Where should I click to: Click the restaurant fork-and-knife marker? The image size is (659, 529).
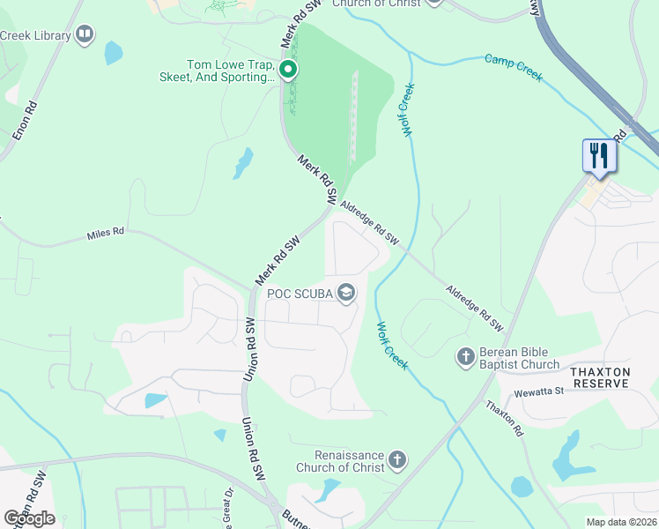coord(599,156)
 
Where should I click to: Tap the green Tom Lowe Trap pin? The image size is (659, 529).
coord(287,69)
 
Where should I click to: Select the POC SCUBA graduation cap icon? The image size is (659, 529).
coord(347,294)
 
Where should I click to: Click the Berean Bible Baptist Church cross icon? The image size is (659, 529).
coord(465,357)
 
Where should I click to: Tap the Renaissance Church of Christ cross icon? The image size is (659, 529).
coord(397,459)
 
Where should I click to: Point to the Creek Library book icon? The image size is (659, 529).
coord(85,34)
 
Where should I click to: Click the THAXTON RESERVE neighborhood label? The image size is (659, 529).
coord(599,378)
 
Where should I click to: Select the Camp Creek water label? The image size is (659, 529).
coord(514,67)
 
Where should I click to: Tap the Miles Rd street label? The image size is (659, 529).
coord(106,235)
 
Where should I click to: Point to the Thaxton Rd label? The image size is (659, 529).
coord(505,419)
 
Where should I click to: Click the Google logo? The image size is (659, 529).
coord(28,518)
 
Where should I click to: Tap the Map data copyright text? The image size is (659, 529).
coord(620,522)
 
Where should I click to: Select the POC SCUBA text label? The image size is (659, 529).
coord(300,294)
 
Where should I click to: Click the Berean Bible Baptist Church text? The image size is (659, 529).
coord(519,358)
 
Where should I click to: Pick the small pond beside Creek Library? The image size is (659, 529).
coord(114,53)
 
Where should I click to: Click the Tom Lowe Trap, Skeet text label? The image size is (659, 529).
coord(231,71)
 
